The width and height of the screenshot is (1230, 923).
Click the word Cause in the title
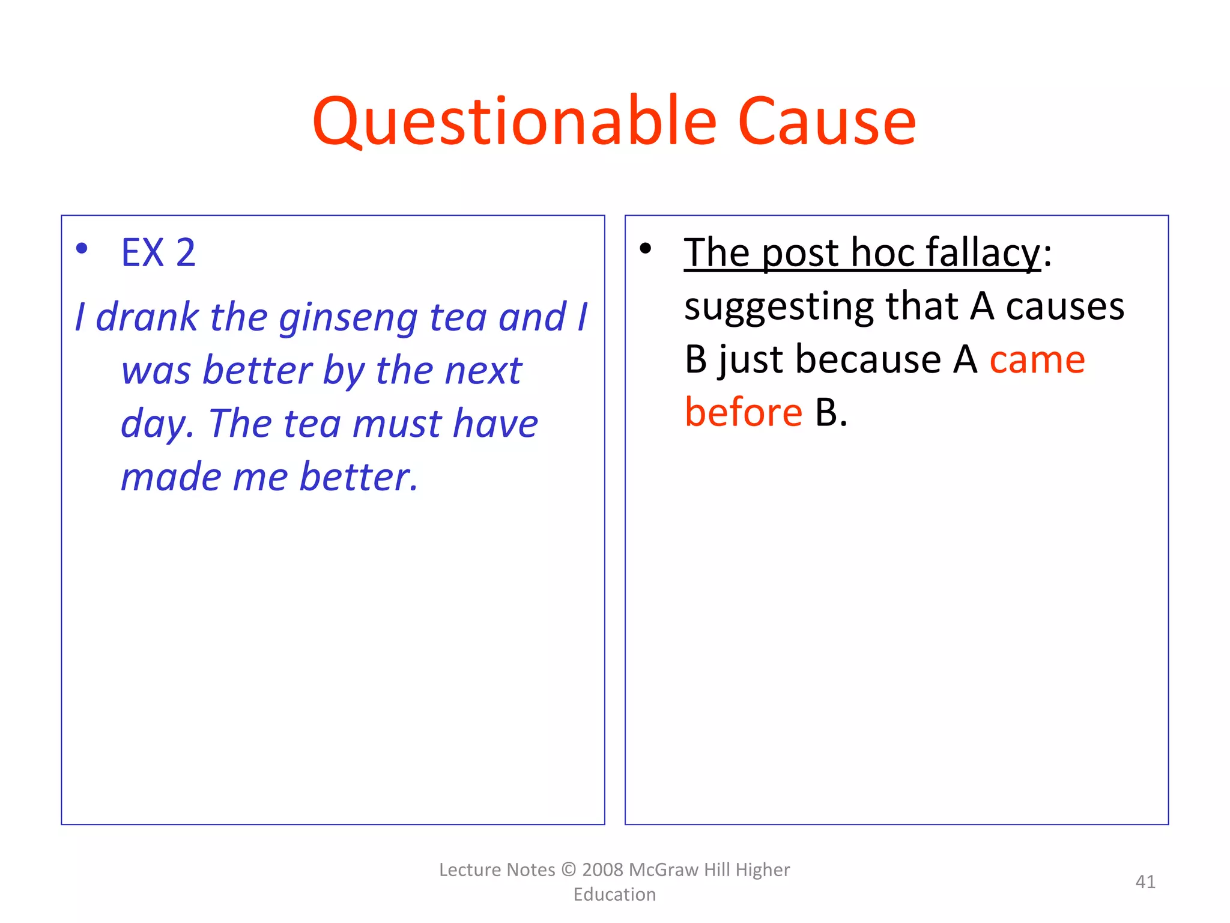[x=826, y=122]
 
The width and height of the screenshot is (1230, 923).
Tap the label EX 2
[x=158, y=252]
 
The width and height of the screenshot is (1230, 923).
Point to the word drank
[x=147, y=317]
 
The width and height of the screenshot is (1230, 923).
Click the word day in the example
[x=155, y=424]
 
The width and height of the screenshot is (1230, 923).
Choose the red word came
[x=1037, y=360]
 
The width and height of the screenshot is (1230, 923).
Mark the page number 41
[x=1145, y=882]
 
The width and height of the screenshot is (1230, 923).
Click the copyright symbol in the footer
[x=568, y=870]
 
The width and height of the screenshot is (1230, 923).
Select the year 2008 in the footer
[x=603, y=870]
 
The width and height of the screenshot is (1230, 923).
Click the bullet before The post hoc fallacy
[x=645, y=248]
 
